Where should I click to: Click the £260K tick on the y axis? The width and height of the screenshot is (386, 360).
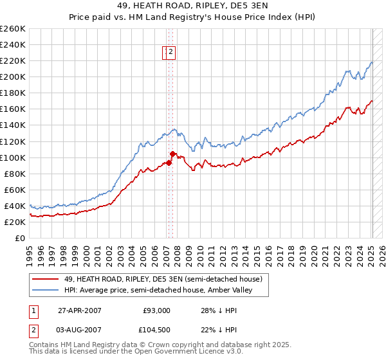click(13, 29)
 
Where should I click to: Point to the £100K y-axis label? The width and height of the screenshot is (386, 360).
click(13, 157)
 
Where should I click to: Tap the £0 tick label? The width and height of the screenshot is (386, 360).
click(20, 238)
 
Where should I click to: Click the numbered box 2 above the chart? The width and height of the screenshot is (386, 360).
click(172, 53)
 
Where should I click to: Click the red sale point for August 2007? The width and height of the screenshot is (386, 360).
click(172, 154)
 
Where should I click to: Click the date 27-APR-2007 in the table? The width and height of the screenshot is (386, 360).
click(79, 310)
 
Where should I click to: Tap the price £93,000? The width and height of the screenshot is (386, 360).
click(156, 310)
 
